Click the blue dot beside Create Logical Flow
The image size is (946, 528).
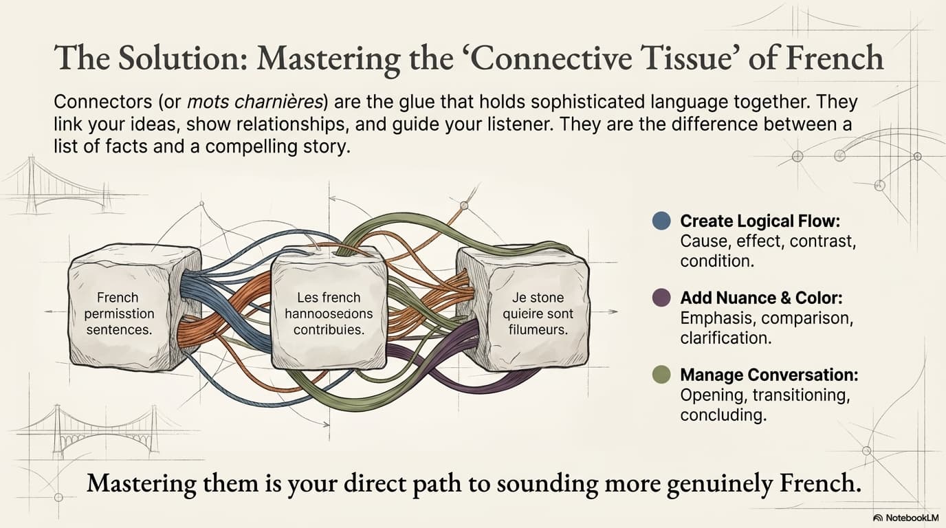(x=661, y=221)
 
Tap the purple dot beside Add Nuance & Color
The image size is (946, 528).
(x=661, y=298)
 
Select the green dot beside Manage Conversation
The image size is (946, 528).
(x=661, y=375)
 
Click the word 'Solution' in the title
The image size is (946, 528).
(x=173, y=58)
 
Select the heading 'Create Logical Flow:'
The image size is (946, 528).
(x=760, y=221)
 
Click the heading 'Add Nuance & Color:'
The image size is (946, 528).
(x=761, y=298)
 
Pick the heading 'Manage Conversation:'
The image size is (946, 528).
(x=769, y=375)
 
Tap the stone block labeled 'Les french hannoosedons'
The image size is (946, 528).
(x=329, y=313)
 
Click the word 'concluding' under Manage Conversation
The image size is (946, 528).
(x=723, y=415)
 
